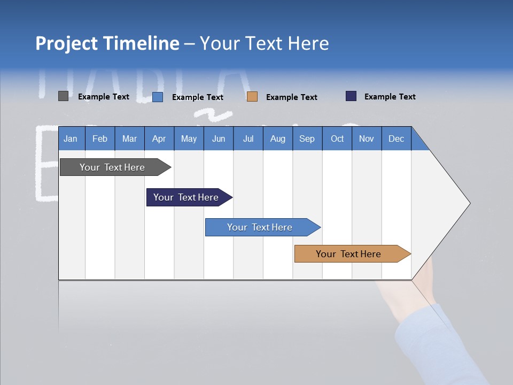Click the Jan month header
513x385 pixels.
point(71,138)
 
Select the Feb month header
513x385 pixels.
point(100,138)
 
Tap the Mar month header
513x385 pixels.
point(129,138)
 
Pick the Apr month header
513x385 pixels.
point(159,138)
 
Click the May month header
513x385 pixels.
point(189,138)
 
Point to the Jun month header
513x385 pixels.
point(219,138)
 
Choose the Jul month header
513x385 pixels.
point(248,138)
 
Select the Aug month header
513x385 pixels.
point(278,138)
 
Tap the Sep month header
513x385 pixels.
point(307,138)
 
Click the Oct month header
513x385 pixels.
point(337,138)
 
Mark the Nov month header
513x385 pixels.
point(367,138)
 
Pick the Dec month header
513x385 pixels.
point(397,138)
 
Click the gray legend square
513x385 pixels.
point(63,96)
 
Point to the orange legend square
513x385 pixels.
point(252,96)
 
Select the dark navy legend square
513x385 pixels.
point(351,96)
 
